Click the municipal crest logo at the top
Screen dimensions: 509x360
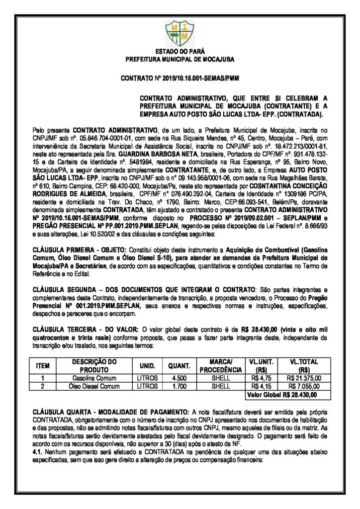(180, 31)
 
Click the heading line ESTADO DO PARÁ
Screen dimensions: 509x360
(180, 52)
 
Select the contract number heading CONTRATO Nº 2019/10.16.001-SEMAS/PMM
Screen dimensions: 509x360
(180, 79)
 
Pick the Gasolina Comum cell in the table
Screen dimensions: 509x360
(93, 378)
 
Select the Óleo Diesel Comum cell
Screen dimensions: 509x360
(93, 386)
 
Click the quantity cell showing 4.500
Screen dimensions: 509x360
(178, 378)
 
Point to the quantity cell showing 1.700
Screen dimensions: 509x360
(178, 386)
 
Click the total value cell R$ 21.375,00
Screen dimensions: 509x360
(304, 378)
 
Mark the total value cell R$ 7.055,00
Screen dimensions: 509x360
(304, 386)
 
